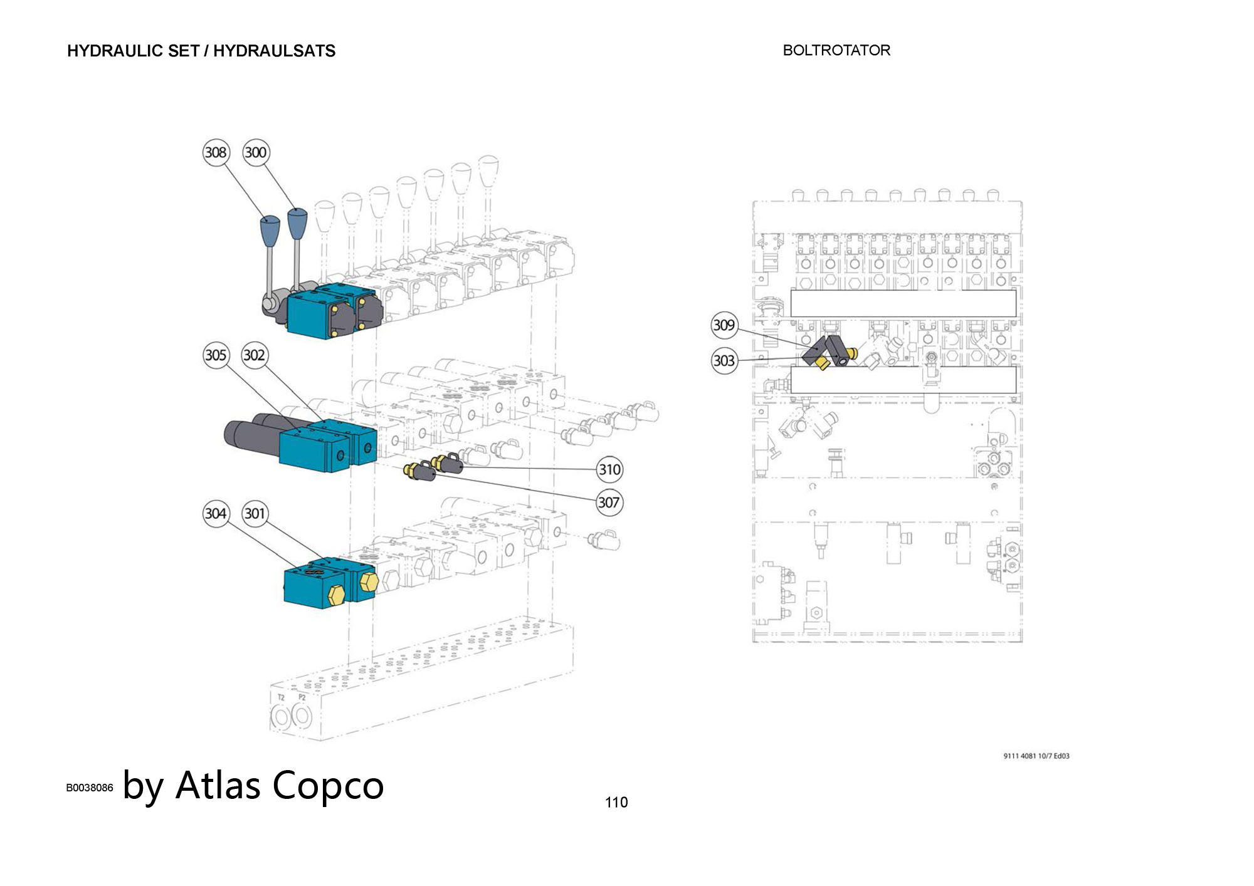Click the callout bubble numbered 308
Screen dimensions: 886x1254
click(216, 153)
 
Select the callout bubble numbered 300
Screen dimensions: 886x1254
click(255, 153)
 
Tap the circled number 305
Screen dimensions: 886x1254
click(216, 355)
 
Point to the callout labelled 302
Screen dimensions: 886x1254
click(254, 355)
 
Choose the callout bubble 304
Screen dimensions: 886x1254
click(216, 514)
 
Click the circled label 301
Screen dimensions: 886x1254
click(254, 514)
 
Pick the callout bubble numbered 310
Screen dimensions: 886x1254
click(609, 469)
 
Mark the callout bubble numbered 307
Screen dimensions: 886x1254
click(608, 503)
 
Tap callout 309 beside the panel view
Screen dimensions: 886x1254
click(724, 325)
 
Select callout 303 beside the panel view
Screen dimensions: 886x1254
click(724, 361)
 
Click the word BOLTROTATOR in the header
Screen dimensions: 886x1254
click(836, 51)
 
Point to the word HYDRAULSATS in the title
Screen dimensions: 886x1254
click(274, 51)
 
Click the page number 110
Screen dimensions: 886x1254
click(616, 803)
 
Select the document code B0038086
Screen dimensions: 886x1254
click(90, 788)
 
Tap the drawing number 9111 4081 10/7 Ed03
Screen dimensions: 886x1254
click(1036, 756)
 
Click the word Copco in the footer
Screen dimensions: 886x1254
click(328, 785)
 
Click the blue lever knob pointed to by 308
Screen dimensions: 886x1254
click(270, 229)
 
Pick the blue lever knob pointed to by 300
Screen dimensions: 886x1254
click(297, 222)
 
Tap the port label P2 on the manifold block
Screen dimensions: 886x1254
click(302, 697)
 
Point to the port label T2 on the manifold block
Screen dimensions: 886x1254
click(281, 697)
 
